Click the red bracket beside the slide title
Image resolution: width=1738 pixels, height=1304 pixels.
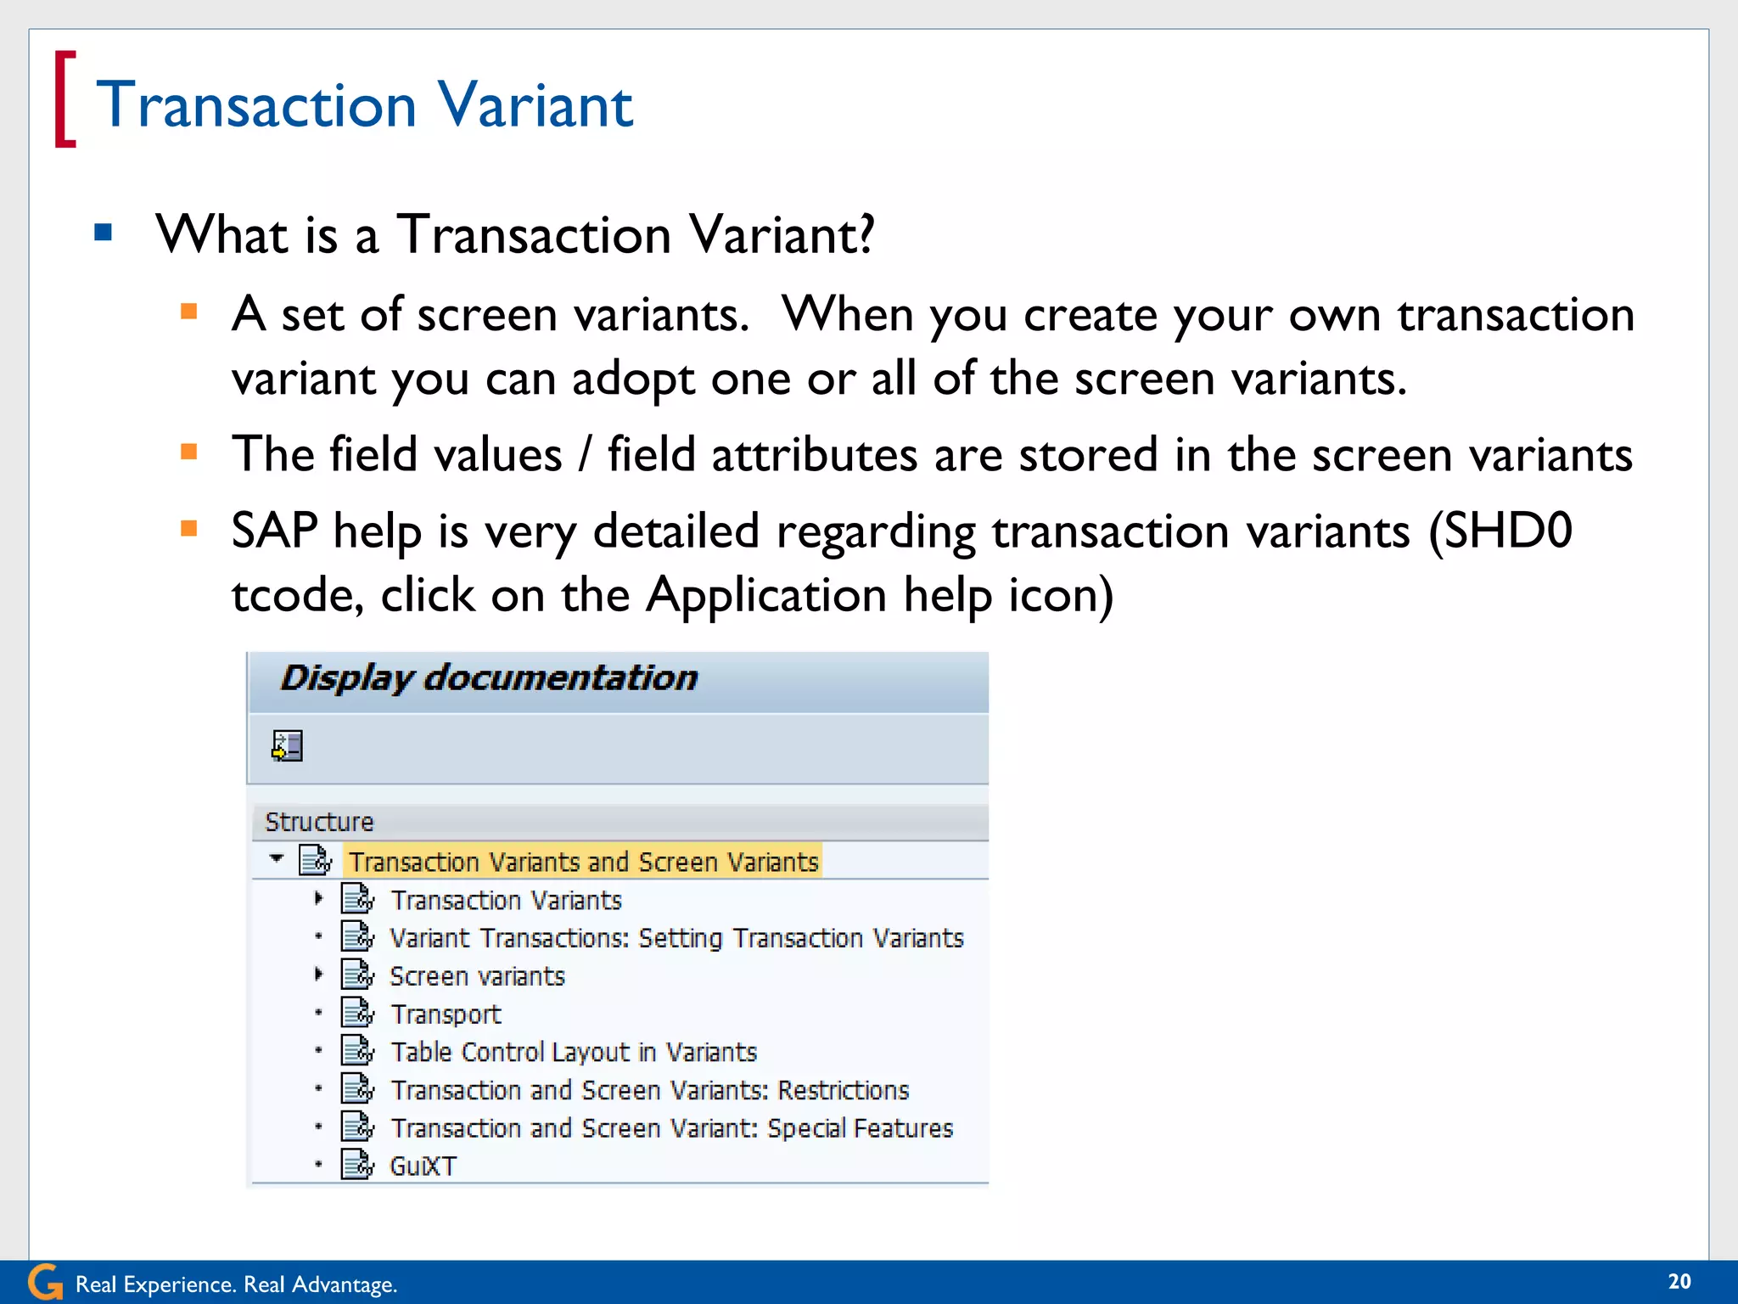[x=64, y=99]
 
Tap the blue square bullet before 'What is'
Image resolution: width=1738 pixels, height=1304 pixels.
[x=104, y=232]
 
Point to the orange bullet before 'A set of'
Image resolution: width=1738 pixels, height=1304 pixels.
[x=189, y=311]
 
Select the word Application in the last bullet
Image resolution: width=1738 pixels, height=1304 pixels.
[x=765, y=594]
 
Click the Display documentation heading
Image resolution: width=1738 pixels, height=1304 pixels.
[x=489, y=678]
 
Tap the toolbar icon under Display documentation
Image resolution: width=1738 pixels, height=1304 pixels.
[x=287, y=746]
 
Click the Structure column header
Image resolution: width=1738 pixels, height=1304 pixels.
[x=319, y=822]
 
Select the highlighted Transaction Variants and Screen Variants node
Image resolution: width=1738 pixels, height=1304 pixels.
[x=583, y=862]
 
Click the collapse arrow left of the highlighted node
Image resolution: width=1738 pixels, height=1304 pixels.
[x=277, y=858]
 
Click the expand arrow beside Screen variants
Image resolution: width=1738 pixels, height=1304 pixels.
[x=318, y=975]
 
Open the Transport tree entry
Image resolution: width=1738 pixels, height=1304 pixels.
[x=446, y=1015]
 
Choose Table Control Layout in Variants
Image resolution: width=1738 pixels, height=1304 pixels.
[x=573, y=1053]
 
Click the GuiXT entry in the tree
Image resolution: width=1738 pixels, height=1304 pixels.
[x=423, y=1166]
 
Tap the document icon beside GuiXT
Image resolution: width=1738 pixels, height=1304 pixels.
[x=357, y=1165]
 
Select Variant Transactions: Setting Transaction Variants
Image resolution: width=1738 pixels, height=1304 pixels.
[x=676, y=938]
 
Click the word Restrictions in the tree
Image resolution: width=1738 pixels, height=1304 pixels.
[x=843, y=1090]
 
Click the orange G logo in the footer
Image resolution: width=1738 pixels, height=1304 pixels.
[x=45, y=1282]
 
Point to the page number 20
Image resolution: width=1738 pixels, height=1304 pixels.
[x=1679, y=1282]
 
